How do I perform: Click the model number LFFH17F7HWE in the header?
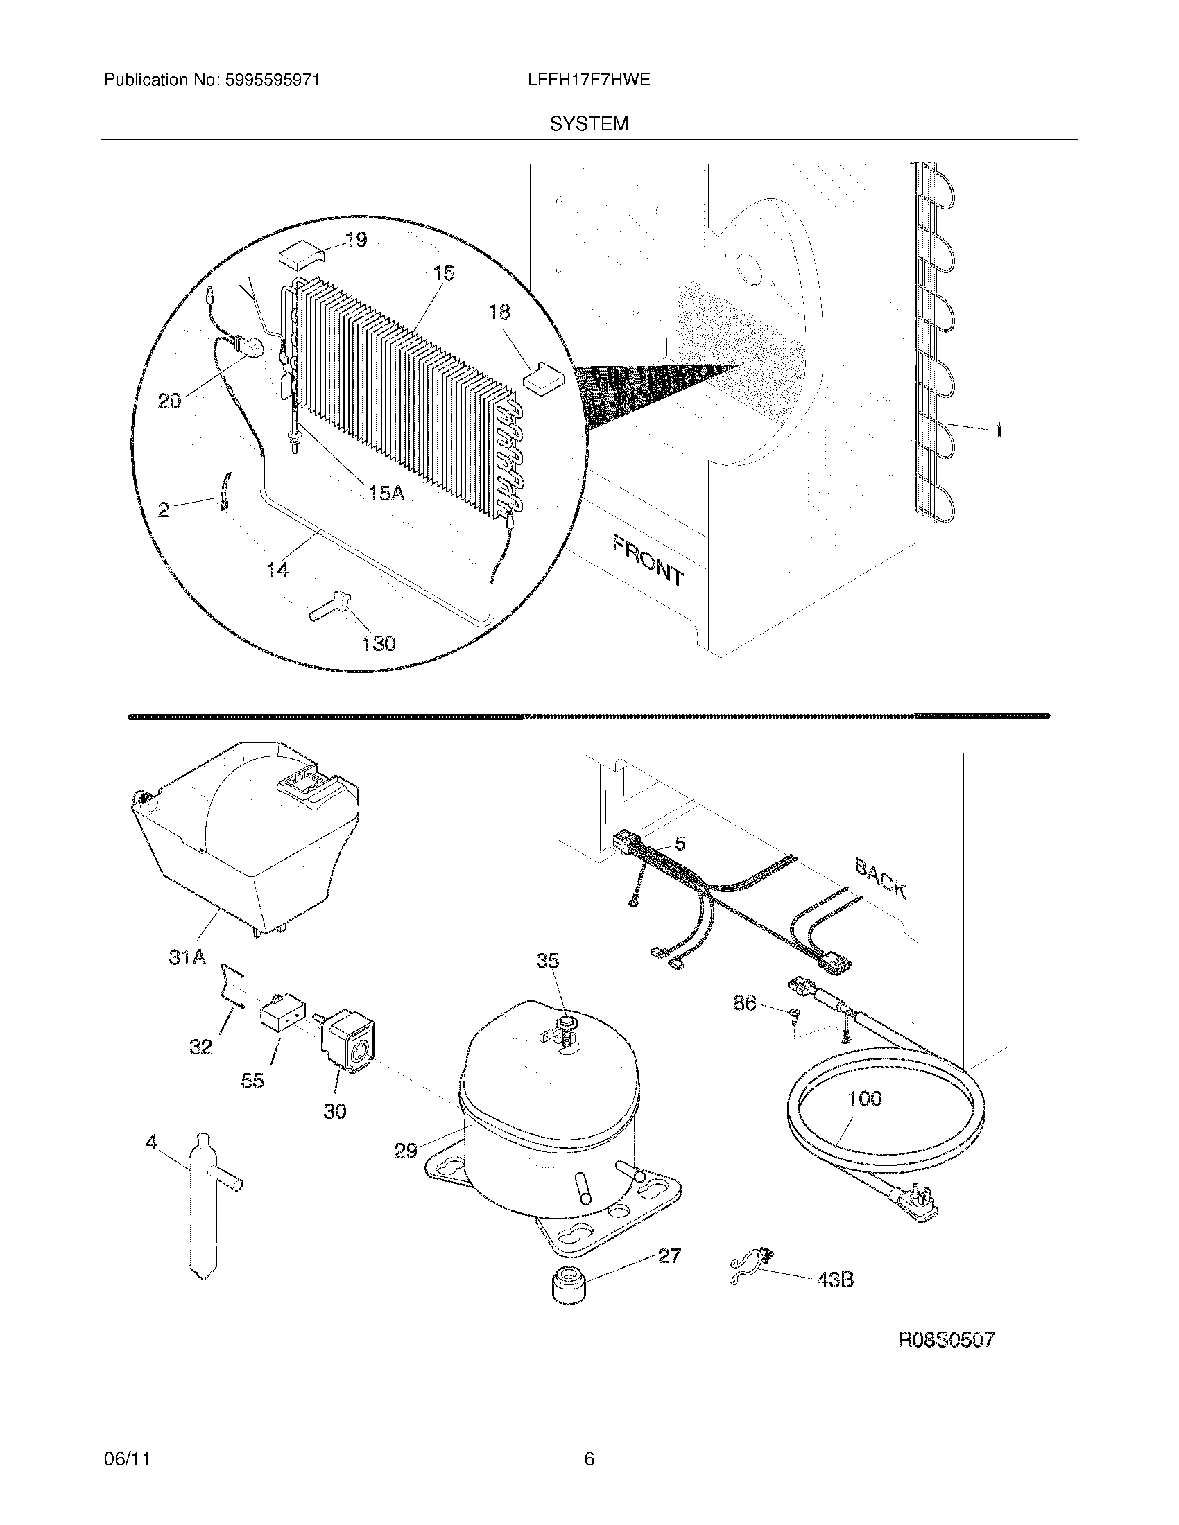pyautogui.click(x=589, y=80)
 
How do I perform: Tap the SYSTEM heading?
pyautogui.click(x=589, y=124)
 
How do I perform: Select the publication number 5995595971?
pyautogui.click(x=272, y=80)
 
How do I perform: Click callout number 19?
pyautogui.click(x=356, y=241)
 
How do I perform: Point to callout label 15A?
pyautogui.click(x=386, y=494)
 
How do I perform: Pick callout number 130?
pyautogui.click(x=378, y=643)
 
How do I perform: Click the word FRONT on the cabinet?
pyautogui.click(x=648, y=559)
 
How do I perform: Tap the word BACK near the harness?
pyautogui.click(x=881, y=878)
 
